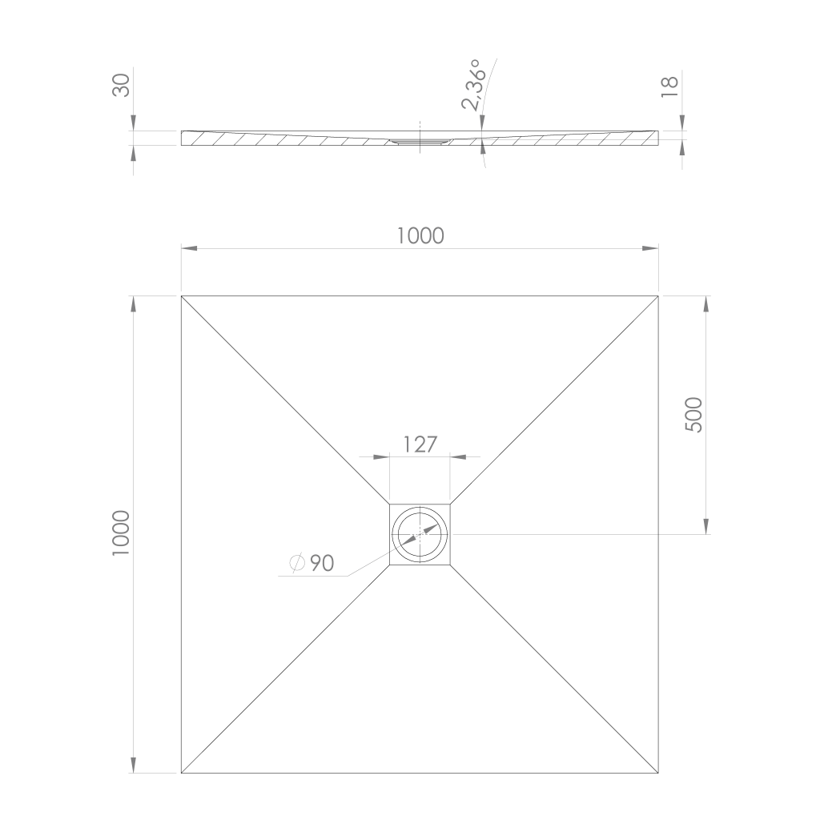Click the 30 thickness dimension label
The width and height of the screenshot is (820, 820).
[x=122, y=85]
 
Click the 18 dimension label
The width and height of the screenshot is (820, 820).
[x=670, y=86]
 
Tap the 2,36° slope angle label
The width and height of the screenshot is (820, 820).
[x=473, y=85]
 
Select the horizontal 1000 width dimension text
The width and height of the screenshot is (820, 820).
[x=420, y=236]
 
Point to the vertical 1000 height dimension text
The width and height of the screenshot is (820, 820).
[x=121, y=533]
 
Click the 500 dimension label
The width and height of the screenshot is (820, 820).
[x=694, y=415]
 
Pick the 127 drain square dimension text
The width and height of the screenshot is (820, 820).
[x=420, y=444]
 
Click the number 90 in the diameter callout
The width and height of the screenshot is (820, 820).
[x=322, y=563]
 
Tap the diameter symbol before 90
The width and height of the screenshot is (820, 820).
[x=297, y=563]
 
